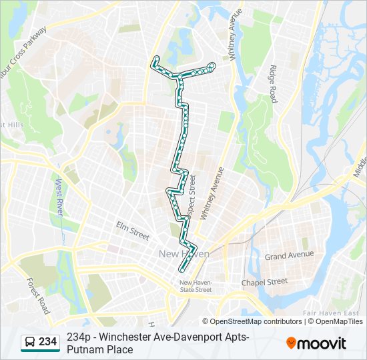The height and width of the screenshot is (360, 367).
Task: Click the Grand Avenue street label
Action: pos(289,255)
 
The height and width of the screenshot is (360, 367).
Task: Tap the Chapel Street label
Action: pos(264,283)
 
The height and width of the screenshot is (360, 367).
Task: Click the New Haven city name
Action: pos(183,254)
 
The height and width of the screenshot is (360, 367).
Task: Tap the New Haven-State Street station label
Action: pos(196,286)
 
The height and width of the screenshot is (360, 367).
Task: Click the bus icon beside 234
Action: pos(29,342)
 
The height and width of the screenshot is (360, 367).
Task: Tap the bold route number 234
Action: pos(47,342)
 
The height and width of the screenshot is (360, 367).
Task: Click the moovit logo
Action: pos(316,343)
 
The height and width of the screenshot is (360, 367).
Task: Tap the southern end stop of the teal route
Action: pos(181,269)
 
